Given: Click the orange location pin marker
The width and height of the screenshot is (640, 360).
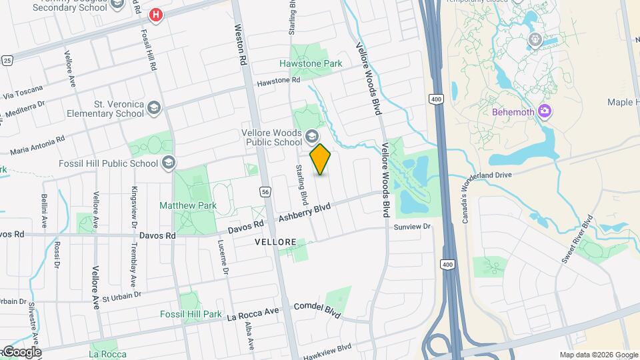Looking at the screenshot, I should coord(321,159).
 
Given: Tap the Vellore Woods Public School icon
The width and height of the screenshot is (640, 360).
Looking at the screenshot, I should coord(311,138).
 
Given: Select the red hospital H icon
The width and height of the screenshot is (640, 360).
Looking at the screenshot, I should coord(156,14).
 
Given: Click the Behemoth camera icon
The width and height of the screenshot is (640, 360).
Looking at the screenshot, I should coord(545,111).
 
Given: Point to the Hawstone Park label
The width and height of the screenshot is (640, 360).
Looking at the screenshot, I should coord(311,64).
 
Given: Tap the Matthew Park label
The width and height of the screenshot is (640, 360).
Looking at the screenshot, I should coord(186,206).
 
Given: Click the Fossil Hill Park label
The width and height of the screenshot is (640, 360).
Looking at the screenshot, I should coord(191,314).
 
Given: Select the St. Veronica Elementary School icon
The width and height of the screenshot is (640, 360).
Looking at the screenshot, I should coord(154,108).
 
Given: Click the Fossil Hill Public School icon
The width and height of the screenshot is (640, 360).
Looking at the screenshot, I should coord(168,163).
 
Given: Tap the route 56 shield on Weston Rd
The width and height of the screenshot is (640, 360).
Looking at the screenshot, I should coord(265,191).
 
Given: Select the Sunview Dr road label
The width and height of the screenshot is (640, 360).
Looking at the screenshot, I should coord(413,227).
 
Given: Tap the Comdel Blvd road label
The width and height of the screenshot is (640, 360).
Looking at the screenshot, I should coord(317,310).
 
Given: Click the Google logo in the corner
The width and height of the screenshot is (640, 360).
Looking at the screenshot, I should coord(21,352).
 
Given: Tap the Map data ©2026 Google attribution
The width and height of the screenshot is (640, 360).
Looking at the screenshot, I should coord(598,355).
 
